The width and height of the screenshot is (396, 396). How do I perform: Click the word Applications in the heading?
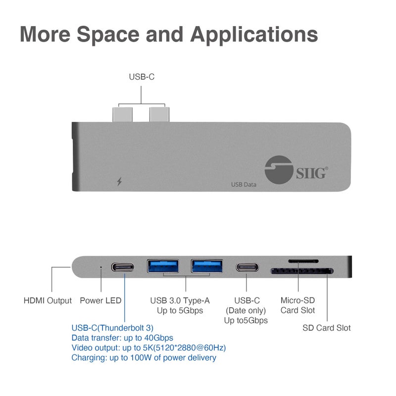click(x=254, y=35)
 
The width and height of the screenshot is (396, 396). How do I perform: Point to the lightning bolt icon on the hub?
click(x=119, y=182)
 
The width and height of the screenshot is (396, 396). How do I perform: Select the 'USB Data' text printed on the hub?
click(x=244, y=185)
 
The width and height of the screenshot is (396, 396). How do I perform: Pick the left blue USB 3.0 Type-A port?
click(x=163, y=266)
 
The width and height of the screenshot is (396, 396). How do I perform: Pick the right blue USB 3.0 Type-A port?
click(x=207, y=266)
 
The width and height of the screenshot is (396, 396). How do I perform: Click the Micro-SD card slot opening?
click(x=303, y=260)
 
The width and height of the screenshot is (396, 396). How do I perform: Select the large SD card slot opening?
click(x=302, y=271)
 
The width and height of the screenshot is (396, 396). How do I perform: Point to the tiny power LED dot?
click(x=101, y=267)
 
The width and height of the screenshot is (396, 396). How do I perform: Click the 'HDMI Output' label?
click(x=48, y=300)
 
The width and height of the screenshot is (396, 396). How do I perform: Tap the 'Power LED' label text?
click(x=100, y=300)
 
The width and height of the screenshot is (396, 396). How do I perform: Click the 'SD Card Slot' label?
click(x=327, y=328)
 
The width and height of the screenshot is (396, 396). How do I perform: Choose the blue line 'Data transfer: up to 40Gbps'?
click(x=122, y=338)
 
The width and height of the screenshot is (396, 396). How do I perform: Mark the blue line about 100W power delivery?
click(x=144, y=357)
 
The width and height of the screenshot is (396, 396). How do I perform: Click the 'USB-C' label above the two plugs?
click(x=142, y=77)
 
